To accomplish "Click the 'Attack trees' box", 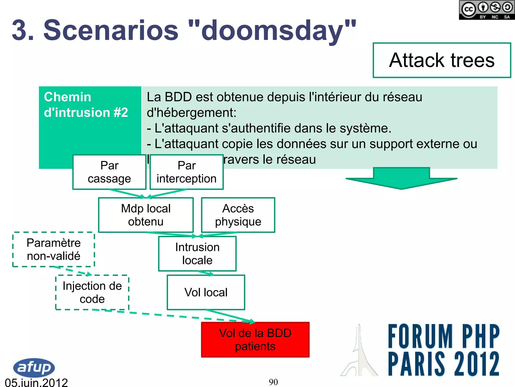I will [442, 60].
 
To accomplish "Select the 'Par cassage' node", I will [109, 172].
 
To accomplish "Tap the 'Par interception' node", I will [187, 172].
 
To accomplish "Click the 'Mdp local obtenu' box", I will [146, 215].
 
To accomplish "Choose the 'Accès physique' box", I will [238, 215].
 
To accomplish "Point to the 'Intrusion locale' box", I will [197, 254].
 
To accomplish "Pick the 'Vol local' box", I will [206, 292].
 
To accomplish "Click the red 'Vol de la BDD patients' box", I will [255, 340].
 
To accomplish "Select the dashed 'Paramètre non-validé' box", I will [54, 249].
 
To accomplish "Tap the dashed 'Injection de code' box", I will [92, 292].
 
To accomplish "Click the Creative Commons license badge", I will [487, 10].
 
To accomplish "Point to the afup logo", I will [34, 368].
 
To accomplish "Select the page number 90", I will [273, 382].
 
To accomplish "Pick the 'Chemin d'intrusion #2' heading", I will [85, 105].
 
